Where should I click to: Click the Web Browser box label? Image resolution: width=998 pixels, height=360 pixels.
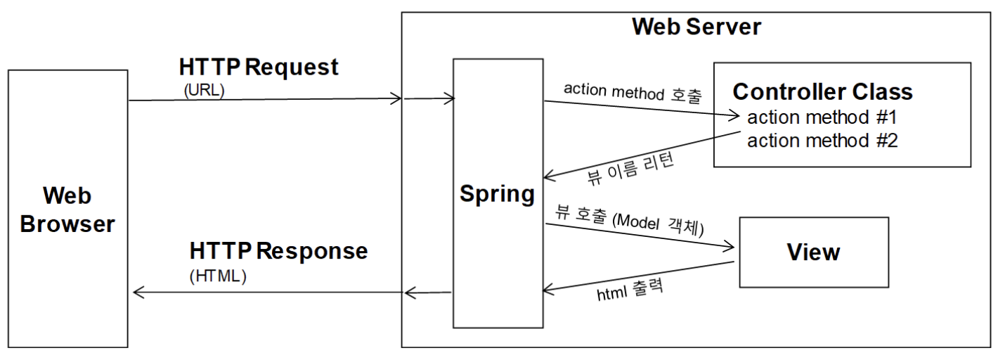(x=67, y=209)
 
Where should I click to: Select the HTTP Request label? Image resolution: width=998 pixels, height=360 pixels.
(x=259, y=67)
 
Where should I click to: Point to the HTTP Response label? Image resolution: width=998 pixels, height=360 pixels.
(x=278, y=251)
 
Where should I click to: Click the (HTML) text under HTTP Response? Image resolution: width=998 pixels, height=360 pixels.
(x=218, y=276)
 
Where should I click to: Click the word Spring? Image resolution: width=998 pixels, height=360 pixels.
(x=497, y=193)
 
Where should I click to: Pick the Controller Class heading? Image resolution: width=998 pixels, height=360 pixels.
(x=822, y=91)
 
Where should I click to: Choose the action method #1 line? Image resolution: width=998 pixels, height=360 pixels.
(x=822, y=117)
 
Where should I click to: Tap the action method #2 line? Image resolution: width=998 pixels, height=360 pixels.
(x=822, y=141)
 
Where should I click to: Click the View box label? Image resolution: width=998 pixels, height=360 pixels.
(x=813, y=252)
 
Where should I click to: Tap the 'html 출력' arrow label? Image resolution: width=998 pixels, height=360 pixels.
(x=630, y=289)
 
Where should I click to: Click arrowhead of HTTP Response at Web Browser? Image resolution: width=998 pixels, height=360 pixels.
(x=138, y=292)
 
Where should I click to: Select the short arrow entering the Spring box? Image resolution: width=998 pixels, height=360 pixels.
(x=429, y=100)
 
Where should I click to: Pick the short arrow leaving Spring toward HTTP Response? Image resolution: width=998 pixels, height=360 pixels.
(x=429, y=292)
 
